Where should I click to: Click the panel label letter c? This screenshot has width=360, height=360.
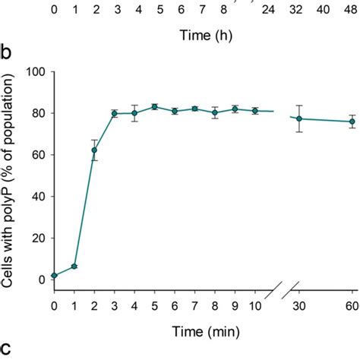pos(6,349)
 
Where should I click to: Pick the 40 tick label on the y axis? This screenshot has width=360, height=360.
pos(37,196)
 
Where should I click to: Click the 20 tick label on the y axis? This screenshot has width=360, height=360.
pos(37,238)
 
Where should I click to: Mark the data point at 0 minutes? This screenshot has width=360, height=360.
pos(54,276)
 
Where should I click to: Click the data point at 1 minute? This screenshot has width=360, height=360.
pos(74,267)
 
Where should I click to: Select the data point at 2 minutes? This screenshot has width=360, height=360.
pos(94,150)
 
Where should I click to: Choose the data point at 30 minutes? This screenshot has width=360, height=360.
pos(298,118)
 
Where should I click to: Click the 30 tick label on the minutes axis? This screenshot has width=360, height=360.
pos(298,305)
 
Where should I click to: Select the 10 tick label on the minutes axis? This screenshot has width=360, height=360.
pos(254,305)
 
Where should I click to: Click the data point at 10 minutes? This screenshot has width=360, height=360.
pos(254,111)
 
